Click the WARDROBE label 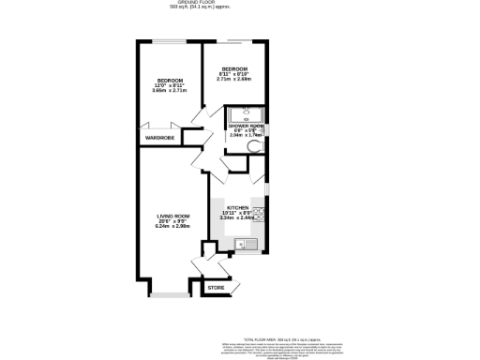[158, 139]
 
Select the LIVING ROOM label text [172, 217]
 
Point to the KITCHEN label [236, 207]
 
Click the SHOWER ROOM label [246, 125]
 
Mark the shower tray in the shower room [246, 113]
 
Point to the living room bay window [170, 297]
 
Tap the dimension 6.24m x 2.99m [172, 226]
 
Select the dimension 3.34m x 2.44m [236, 217]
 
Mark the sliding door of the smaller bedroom [234, 42]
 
